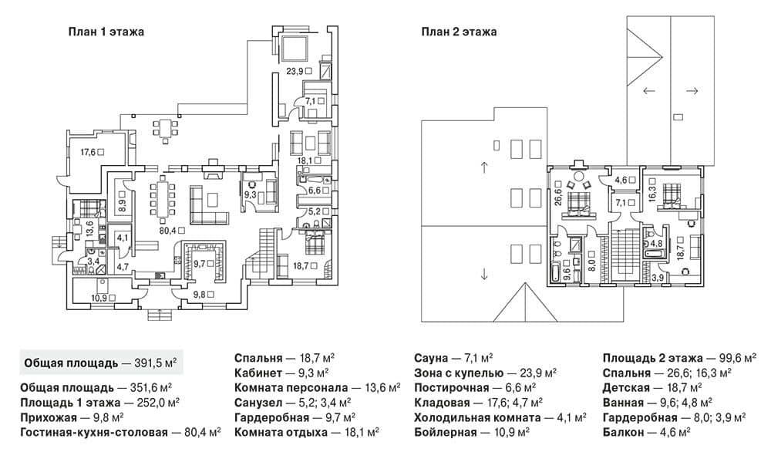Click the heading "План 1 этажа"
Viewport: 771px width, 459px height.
point(106,32)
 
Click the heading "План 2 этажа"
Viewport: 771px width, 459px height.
point(459,32)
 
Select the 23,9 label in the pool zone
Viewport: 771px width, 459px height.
point(295,71)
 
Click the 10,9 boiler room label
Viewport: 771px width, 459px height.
point(99,298)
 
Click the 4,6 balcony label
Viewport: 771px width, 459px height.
point(621,180)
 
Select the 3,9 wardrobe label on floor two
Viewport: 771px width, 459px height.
point(658,278)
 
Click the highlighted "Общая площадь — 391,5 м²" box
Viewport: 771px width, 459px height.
point(101,363)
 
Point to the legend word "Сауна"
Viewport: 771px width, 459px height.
point(431,358)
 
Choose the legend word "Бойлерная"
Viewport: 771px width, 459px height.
point(446,433)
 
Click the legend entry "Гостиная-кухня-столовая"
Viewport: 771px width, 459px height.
point(94,433)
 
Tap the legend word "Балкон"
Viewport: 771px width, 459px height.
point(623,433)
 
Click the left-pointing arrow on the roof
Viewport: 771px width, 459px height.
point(649,91)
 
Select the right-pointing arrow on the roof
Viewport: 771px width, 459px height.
point(692,91)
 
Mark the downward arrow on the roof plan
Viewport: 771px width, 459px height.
point(484,274)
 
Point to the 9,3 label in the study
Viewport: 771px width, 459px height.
point(250,195)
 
